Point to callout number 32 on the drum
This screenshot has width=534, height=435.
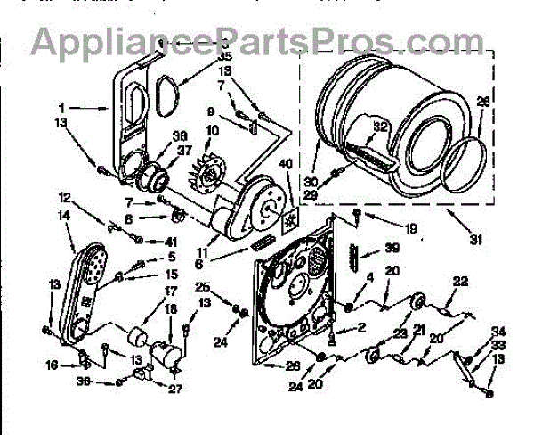click(380, 127)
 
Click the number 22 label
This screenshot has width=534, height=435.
click(459, 282)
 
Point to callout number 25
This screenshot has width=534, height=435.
click(202, 287)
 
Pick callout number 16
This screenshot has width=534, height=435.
click(52, 365)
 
